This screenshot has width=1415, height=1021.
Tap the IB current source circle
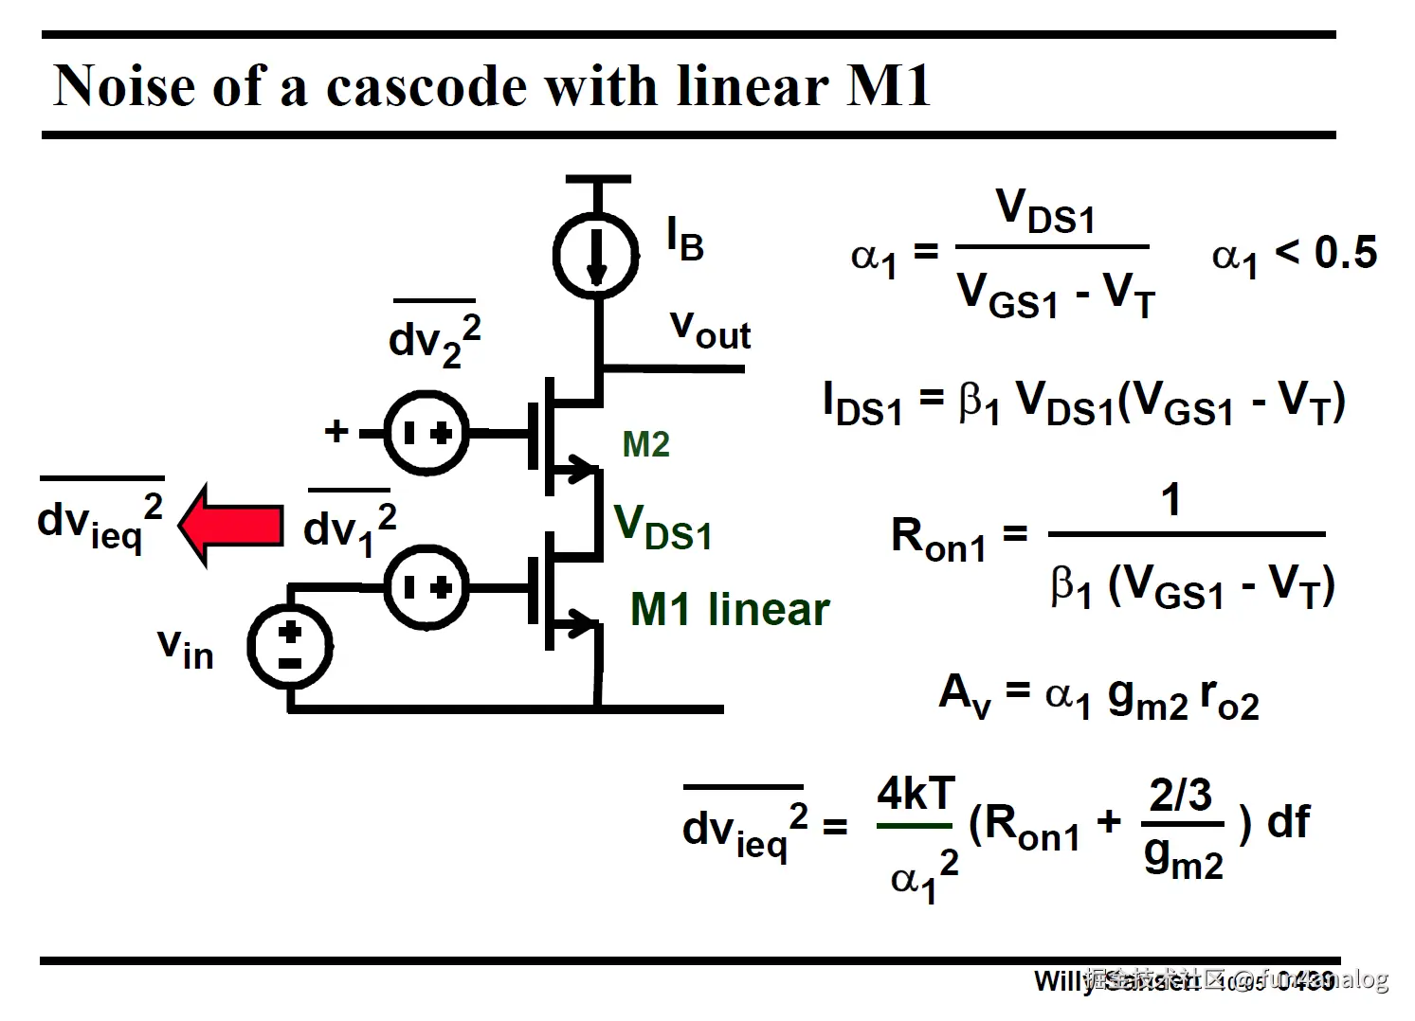(595, 255)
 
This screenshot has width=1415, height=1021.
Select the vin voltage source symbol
(289, 646)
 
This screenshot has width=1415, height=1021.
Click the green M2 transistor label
(645, 444)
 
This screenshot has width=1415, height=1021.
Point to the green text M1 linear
(729, 609)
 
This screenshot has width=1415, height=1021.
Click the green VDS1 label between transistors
(662, 528)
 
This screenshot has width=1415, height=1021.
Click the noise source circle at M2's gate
(426, 433)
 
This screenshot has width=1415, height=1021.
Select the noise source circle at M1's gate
(426, 587)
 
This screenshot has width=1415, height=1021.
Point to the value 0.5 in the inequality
(1345, 252)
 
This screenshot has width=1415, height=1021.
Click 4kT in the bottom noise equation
(916, 795)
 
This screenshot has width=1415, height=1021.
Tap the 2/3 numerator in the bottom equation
(1180, 795)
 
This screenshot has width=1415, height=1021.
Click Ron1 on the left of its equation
(938, 539)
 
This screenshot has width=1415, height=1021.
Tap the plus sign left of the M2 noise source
(336, 432)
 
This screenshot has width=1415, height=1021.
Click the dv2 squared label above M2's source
(434, 339)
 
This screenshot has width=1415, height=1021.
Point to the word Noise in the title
(123, 86)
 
